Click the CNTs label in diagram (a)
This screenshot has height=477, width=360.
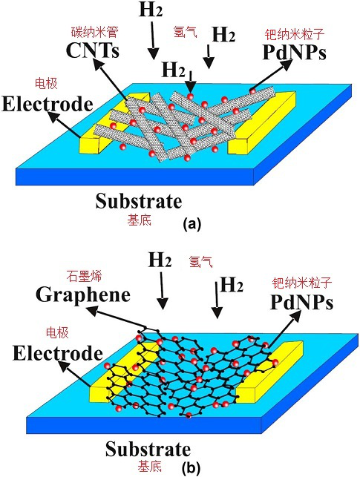pyautogui.click(x=93, y=50)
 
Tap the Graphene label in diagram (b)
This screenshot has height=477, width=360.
pyautogui.click(x=83, y=295)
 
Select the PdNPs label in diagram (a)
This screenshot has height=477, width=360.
pyautogui.click(x=295, y=53)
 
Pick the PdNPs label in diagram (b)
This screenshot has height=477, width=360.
pyautogui.click(x=301, y=303)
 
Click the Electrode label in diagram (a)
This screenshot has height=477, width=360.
pyautogui.click(x=48, y=104)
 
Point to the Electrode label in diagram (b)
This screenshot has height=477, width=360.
pyautogui.click(x=58, y=353)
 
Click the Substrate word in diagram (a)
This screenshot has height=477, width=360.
pyautogui.click(x=139, y=201)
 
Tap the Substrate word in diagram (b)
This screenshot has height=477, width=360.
pyautogui.click(x=148, y=450)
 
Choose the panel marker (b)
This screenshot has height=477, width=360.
pyautogui.click(x=191, y=469)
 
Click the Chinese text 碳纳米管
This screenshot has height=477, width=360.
pyautogui.click(x=95, y=32)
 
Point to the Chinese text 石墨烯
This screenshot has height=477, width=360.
pyautogui.click(x=84, y=276)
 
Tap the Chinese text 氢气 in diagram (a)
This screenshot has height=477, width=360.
pyautogui.click(x=185, y=32)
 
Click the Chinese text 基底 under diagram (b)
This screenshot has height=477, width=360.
pyautogui.click(x=149, y=467)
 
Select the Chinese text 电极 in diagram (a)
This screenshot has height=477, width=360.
pyautogui.click(x=46, y=83)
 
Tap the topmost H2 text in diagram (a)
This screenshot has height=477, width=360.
pyautogui.click(x=151, y=10)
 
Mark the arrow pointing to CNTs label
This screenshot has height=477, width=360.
pyautogui.click(x=110, y=79)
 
